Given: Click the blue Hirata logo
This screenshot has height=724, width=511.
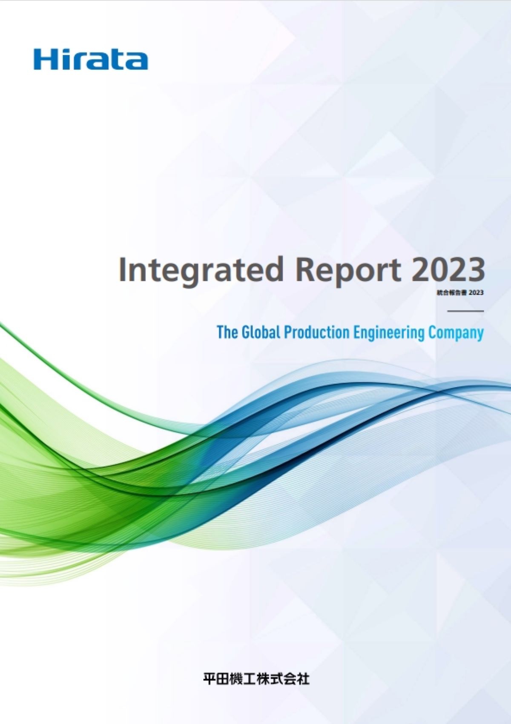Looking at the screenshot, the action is click(91, 59).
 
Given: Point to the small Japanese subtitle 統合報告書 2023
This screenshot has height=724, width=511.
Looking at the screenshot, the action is click(459, 293).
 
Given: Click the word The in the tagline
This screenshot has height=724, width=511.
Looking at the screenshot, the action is click(228, 332).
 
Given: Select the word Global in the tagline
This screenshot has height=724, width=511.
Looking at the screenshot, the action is click(261, 332).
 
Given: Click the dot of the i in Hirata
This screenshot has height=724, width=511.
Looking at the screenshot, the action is click(63, 51).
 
